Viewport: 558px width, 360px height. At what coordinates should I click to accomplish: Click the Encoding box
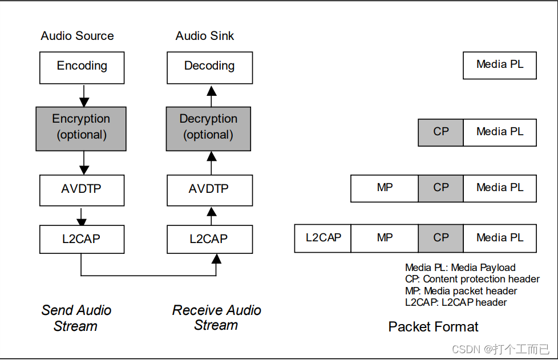[82, 67]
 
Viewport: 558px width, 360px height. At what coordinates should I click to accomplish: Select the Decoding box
[209, 67]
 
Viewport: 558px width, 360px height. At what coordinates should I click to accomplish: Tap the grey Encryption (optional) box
[80, 128]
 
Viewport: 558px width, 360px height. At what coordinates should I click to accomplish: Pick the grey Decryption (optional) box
[208, 128]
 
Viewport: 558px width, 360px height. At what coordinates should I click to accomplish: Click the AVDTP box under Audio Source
[82, 190]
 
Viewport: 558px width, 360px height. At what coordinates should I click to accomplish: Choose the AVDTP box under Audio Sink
[209, 190]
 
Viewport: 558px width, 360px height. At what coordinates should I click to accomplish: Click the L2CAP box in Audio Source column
[82, 239]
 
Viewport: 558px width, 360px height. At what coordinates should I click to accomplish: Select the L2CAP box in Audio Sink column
[209, 239]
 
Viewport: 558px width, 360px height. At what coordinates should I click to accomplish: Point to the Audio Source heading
[77, 36]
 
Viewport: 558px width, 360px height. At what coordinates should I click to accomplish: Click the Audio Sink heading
[205, 36]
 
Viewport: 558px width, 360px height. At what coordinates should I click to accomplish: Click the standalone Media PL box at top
[499, 65]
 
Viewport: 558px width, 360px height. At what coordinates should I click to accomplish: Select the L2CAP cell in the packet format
[323, 238]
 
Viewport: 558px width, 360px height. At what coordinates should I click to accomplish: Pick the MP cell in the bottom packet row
[385, 238]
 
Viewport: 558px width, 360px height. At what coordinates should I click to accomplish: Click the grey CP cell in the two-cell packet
[440, 132]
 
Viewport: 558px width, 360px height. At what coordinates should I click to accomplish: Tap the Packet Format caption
[433, 327]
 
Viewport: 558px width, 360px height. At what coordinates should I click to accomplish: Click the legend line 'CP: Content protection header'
[472, 279]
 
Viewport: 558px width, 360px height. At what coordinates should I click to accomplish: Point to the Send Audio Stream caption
[76, 318]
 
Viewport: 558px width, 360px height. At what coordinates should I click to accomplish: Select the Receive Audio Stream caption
[216, 318]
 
